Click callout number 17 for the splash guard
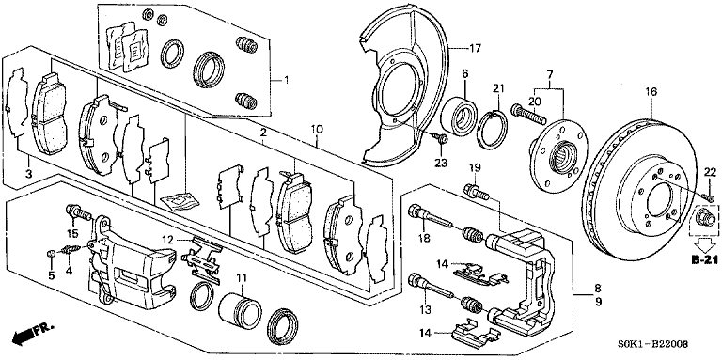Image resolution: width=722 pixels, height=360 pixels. pyautogui.click(x=474, y=47)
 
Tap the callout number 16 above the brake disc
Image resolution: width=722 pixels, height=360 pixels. pyautogui.click(x=651, y=91)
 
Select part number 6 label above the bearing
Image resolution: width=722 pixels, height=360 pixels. pyautogui.click(x=464, y=73)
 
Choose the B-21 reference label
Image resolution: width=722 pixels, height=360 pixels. pyautogui.click(x=704, y=261)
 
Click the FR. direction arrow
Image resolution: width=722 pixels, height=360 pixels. pyautogui.click(x=33, y=332)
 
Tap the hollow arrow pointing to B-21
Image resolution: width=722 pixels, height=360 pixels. pyautogui.click(x=704, y=245)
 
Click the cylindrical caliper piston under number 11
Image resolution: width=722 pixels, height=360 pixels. pyautogui.click(x=239, y=309)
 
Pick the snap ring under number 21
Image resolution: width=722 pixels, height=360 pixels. pyautogui.click(x=492, y=130)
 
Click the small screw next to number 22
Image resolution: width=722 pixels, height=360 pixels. pyautogui.click(x=709, y=198)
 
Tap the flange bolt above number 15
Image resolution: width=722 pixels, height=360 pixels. pyautogui.click(x=79, y=212)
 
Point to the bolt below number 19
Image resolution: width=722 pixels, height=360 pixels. pyautogui.click(x=476, y=192)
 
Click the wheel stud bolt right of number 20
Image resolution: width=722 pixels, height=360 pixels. pyautogui.click(x=528, y=114)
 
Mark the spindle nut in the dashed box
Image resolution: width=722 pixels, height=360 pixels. pyautogui.click(x=704, y=217)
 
